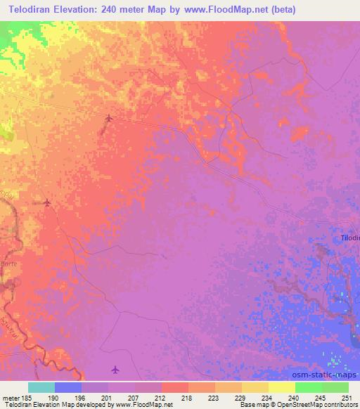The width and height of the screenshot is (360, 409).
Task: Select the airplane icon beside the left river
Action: [47, 203]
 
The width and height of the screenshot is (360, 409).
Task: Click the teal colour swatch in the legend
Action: [41, 387]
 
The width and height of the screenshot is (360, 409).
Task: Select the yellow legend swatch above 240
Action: [281, 387]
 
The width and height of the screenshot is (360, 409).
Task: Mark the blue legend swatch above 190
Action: [68, 387]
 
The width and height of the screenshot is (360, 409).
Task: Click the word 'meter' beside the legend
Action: [11, 397]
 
